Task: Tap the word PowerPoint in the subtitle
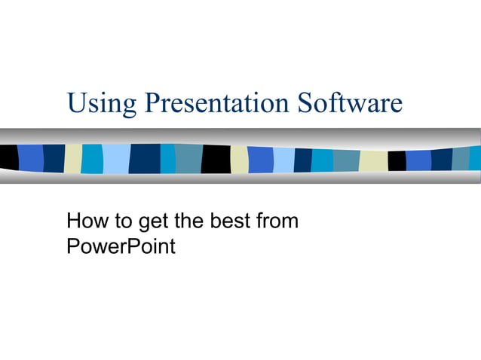tap(121, 246)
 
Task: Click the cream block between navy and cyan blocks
tap(73, 158)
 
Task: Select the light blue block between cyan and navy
tap(115, 158)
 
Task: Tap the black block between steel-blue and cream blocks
tap(216, 159)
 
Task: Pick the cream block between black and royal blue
tap(239, 160)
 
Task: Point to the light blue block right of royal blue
tap(283, 160)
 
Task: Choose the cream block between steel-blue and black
tap(373, 160)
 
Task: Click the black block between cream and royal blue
tap(397, 160)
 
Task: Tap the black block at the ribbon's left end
tap(8, 157)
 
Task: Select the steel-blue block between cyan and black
tap(188, 158)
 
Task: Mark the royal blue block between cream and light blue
tap(260, 160)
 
